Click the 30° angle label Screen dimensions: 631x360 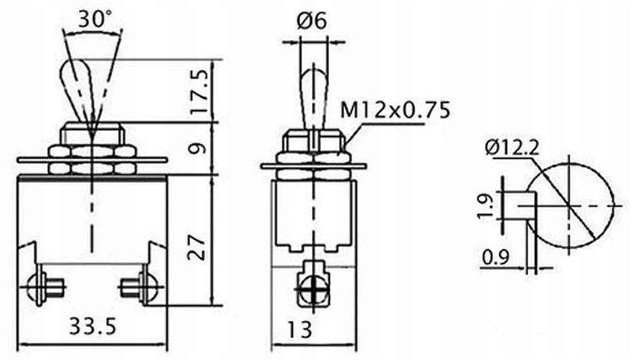[95, 18]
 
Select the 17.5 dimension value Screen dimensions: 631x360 [200, 92]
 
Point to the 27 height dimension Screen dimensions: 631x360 [198, 248]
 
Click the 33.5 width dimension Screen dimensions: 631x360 [93, 326]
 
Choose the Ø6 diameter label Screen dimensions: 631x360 [312, 21]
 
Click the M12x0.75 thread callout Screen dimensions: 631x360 [396, 110]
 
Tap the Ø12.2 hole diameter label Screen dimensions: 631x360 [512, 147]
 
